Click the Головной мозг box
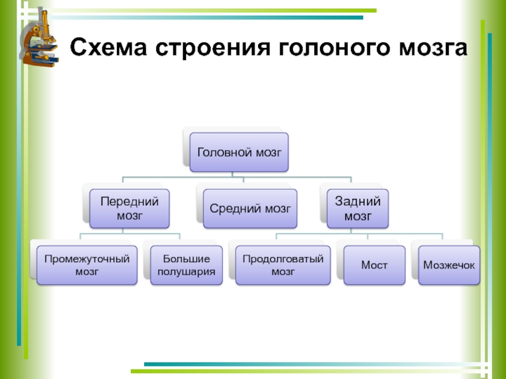239,152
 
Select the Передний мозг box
129,208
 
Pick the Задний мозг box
357,208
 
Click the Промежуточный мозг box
87,265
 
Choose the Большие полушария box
187,265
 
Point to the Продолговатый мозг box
283,265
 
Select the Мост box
374,265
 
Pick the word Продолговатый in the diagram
283,258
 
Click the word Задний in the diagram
357,202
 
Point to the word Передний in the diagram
129,202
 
